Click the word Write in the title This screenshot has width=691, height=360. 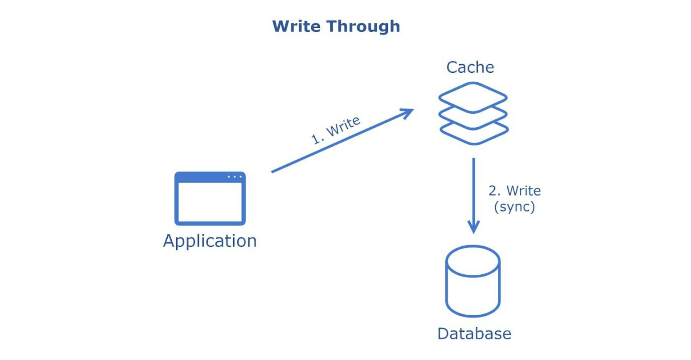(x=296, y=26)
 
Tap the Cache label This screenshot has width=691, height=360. (x=470, y=67)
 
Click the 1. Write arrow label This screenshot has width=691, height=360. (x=335, y=130)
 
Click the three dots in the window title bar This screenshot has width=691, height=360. (x=234, y=177)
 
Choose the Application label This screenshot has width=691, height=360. (x=210, y=241)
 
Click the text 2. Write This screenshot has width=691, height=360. (x=514, y=191)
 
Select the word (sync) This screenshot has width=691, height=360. (x=514, y=207)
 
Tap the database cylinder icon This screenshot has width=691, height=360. (x=473, y=288)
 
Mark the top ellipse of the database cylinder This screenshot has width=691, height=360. (x=473, y=261)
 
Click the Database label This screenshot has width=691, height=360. (x=474, y=334)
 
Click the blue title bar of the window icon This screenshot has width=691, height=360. (x=202, y=177)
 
